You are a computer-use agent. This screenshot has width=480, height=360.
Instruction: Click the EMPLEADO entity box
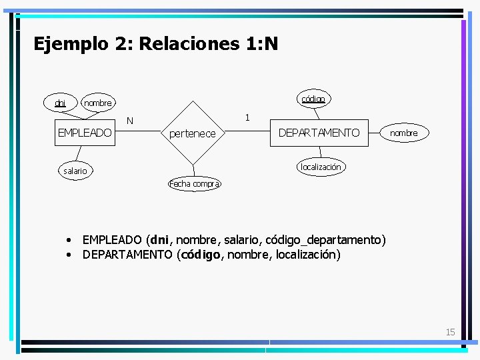click(x=85, y=133)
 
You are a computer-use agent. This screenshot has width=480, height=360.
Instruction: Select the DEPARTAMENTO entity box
click(x=319, y=133)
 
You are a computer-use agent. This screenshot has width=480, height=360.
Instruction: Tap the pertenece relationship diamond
click(x=193, y=133)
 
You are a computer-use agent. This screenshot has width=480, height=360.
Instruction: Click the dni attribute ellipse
click(x=60, y=103)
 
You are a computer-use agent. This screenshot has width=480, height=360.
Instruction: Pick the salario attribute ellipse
click(x=75, y=171)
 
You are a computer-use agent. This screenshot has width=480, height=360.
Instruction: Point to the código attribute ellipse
click(x=313, y=99)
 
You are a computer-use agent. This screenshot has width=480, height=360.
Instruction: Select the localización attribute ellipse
click(x=321, y=167)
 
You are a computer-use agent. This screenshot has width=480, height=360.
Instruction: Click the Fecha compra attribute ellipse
click(x=194, y=183)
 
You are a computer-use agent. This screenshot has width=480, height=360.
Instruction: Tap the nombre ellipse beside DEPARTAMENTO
click(x=404, y=133)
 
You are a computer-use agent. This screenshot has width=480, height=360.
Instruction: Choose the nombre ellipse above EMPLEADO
click(x=97, y=103)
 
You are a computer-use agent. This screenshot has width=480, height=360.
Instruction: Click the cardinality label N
click(x=130, y=121)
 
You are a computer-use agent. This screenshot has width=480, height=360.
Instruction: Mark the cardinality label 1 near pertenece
click(x=247, y=117)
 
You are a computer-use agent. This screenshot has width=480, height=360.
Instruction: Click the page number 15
click(x=451, y=332)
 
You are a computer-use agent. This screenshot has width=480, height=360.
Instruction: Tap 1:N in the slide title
click(x=261, y=44)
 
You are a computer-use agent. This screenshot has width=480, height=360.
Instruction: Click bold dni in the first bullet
click(x=159, y=239)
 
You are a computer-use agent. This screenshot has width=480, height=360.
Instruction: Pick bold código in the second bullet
click(x=201, y=254)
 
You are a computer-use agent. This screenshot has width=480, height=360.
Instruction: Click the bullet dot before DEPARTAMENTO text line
click(x=69, y=255)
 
